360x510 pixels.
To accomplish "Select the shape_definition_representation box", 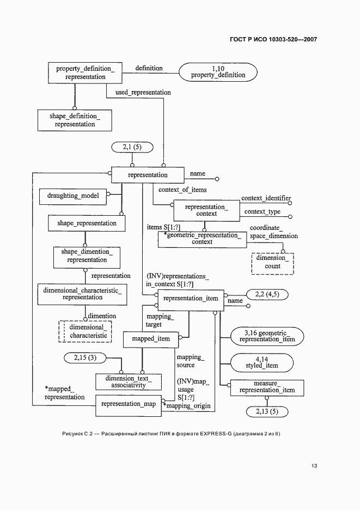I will coord(75,120).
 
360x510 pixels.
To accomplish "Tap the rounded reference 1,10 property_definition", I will coord(218,71).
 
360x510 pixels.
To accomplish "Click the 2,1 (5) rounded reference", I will coord(132,147).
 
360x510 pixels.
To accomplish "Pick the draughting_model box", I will coord(72,195).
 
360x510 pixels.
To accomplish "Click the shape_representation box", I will coord(87,223).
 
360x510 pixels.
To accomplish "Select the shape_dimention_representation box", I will coord(87,256).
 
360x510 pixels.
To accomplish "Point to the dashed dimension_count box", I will coord(272,263).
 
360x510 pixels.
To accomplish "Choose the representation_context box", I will coord(206,210).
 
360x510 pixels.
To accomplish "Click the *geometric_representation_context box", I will coord(202,239).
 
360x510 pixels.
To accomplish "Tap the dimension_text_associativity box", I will coord(129,381).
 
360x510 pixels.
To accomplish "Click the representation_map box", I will coord(128,404).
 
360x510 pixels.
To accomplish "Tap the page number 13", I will coord(314,466).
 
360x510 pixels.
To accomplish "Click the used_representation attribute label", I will coord(143,93).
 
